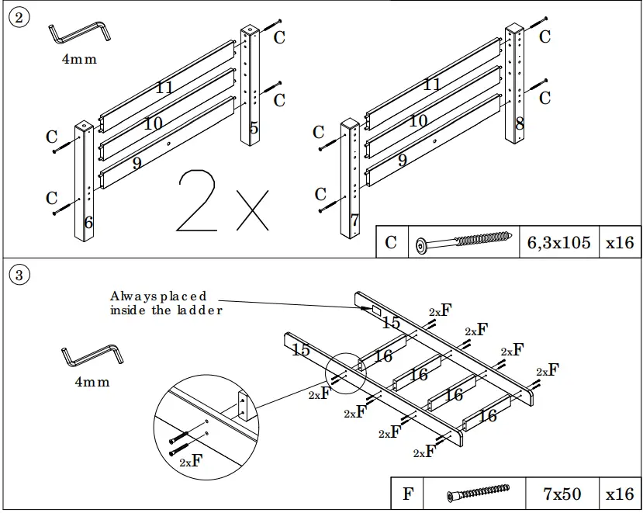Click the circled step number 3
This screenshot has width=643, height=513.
click(19, 274)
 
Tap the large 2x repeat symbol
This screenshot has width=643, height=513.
click(222, 201)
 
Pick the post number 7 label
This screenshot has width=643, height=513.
click(354, 220)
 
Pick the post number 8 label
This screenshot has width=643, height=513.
click(520, 123)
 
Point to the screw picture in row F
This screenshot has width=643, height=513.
click(478, 494)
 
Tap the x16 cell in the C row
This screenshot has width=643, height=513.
click(620, 243)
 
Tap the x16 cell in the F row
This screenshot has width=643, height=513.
click(620, 494)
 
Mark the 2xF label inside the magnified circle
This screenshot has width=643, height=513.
click(191, 461)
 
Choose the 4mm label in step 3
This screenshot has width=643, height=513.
click(92, 382)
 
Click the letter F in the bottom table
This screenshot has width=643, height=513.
click(409, 494)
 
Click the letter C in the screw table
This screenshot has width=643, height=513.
click(391, 243)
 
